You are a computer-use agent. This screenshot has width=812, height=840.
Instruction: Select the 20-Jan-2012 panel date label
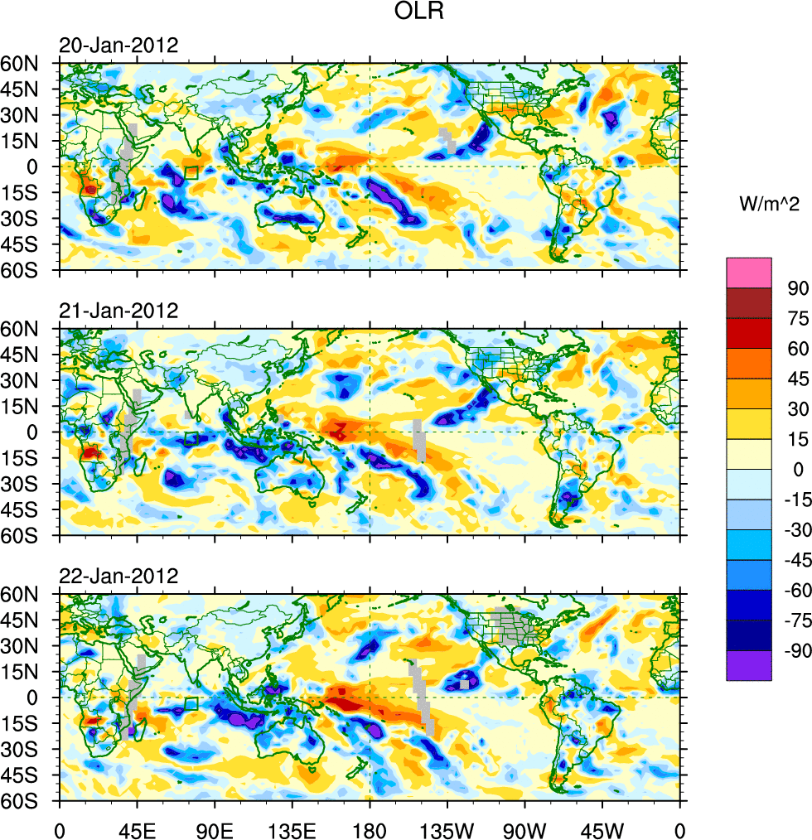coord(118,46)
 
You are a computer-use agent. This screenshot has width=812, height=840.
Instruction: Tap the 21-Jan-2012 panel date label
coord(118,311)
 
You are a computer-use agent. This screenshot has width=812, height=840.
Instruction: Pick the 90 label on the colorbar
coord(798,287)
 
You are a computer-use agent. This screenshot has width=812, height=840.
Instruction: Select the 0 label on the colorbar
coord(798,470)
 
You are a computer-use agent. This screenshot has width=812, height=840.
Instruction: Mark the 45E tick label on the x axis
coord(137,828)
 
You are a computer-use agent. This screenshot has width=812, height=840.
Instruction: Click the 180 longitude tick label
coord(370,828)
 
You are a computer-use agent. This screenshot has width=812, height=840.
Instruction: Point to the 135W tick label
coord(447,828)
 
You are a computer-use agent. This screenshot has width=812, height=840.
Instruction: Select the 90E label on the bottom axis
coord(215,828)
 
